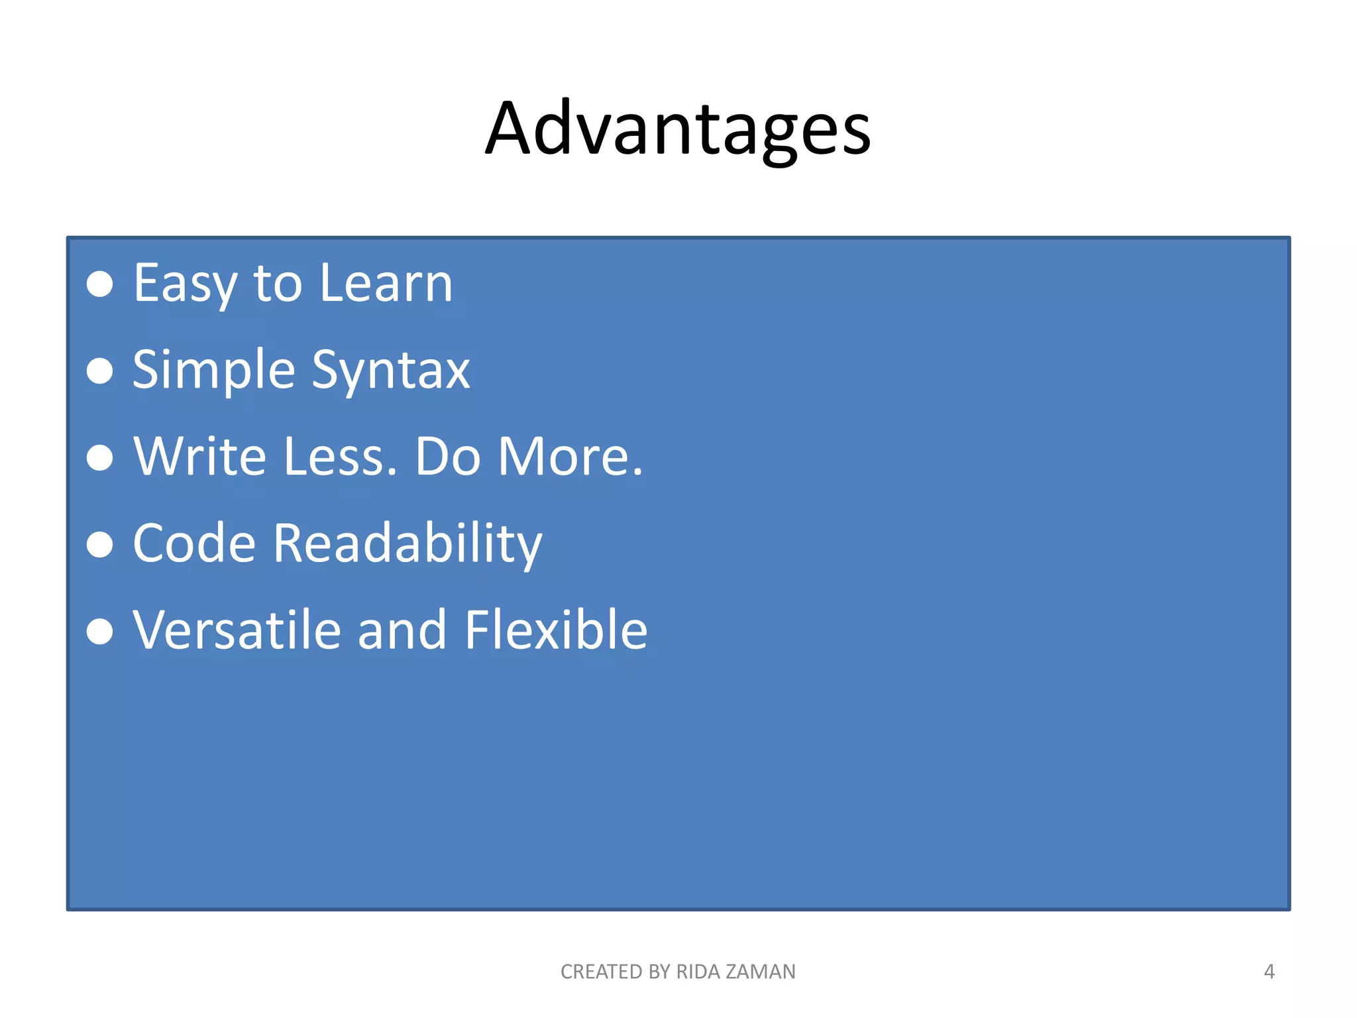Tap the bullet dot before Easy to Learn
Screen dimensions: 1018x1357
[x=100, y=284]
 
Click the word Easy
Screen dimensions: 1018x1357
[x=185, y=284]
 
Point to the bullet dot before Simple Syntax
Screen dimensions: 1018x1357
[x=100, y=370]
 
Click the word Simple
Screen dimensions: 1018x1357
[x=213, y=370]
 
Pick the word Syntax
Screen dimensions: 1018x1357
[x=390, y=370]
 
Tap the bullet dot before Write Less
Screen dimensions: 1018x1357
[x=100, y=457]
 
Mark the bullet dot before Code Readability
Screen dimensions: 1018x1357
[x=100, y=544]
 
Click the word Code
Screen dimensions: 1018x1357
[x=194, y=544]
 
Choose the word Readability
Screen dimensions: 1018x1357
[x=407, y=544]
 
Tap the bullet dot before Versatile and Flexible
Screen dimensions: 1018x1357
[x=100, y=631]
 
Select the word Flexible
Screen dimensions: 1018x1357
[x=555, y=631]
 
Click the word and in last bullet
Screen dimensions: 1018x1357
[x=402, y=631]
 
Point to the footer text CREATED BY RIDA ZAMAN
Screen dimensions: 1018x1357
[x=678, y=972]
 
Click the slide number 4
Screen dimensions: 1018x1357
[x=1269, y=972]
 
